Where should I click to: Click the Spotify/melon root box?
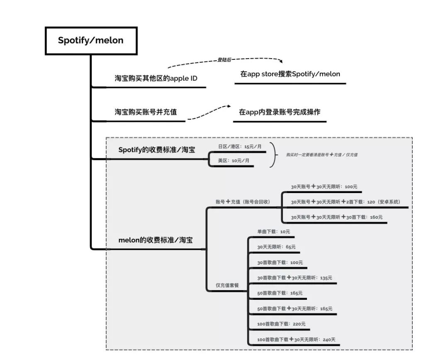coord(90,41)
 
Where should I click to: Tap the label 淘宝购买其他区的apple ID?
coord(156,78)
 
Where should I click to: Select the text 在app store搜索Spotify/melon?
coord(290,74)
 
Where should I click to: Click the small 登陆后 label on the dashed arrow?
coord(224,60)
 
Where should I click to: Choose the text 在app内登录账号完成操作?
coord(280,112)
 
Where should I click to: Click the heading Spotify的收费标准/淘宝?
coord(157,150)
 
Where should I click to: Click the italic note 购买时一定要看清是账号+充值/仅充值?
coord(322,154)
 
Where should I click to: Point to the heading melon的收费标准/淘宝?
coord(156,240)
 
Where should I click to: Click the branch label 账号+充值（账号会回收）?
coord(243,202)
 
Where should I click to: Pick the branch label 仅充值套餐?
coord(227,285)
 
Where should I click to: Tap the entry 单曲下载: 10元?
coord(274,231)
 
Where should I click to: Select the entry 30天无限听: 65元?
coord(276,247)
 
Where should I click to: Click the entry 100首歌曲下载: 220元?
coord(281,324)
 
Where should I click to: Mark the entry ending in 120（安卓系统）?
coord(345,202)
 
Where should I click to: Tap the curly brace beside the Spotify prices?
coord(273,154)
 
